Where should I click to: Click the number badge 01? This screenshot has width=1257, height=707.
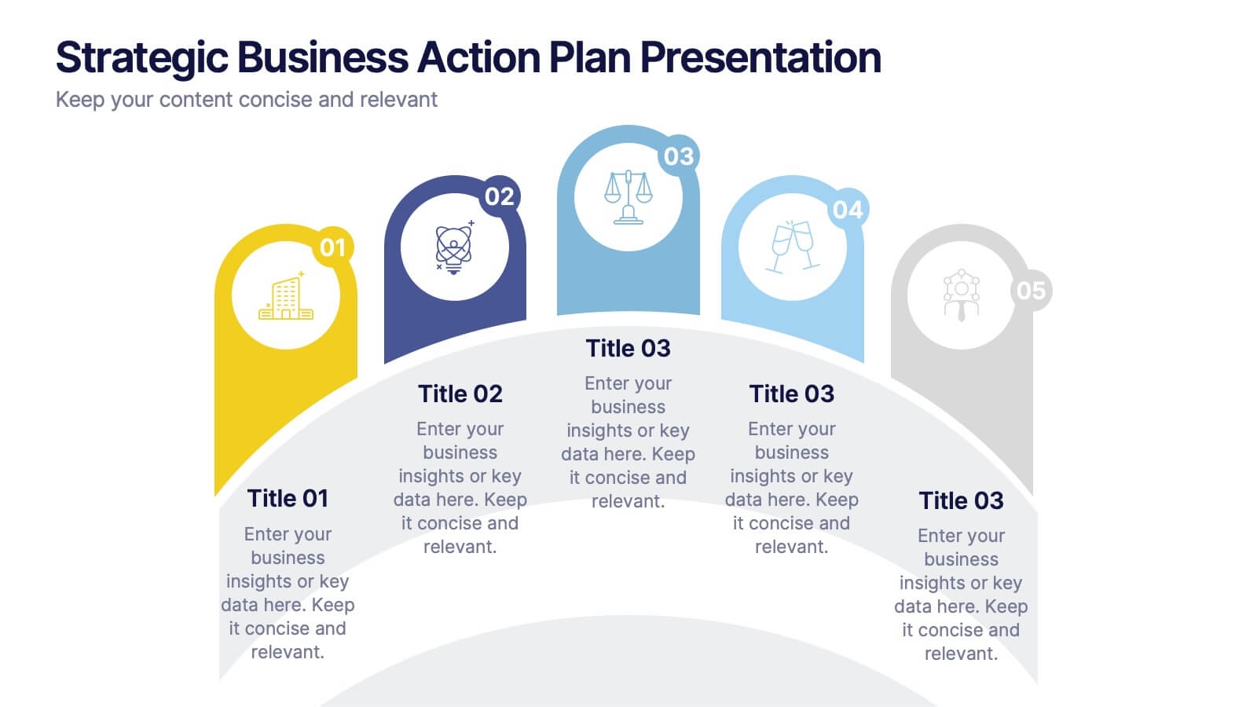[x=333, y=247]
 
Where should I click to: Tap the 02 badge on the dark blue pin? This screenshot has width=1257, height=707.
[x=500, y=196]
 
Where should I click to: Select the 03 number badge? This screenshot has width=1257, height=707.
[x=679, y=156]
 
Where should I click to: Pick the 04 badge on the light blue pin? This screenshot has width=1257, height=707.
[x=848, y=209]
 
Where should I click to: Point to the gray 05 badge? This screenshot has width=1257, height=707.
[x=1031, y=291]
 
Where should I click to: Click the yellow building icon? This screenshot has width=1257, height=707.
[x=286, y=295]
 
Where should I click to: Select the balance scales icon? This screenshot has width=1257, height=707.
[x=628, y=197]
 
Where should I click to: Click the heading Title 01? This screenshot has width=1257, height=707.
[x=288, y=498]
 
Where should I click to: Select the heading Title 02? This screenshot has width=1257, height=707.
[x=460, y=394]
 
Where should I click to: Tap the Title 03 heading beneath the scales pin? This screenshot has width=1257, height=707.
[x=628, y=349]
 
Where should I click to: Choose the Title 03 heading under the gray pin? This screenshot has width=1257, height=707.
[x=961, y=500]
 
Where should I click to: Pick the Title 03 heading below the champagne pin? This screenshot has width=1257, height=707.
[x=792, y=394]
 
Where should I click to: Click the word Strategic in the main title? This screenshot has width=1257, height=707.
[x=142, y=58]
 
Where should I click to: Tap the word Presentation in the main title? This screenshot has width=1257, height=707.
[x=760, y=57]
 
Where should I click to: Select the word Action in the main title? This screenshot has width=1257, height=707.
[x=478, y=57]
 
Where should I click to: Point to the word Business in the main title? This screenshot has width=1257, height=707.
[x=323, y=57]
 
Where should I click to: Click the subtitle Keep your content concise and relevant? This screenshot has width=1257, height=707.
[x=247, y=100]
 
